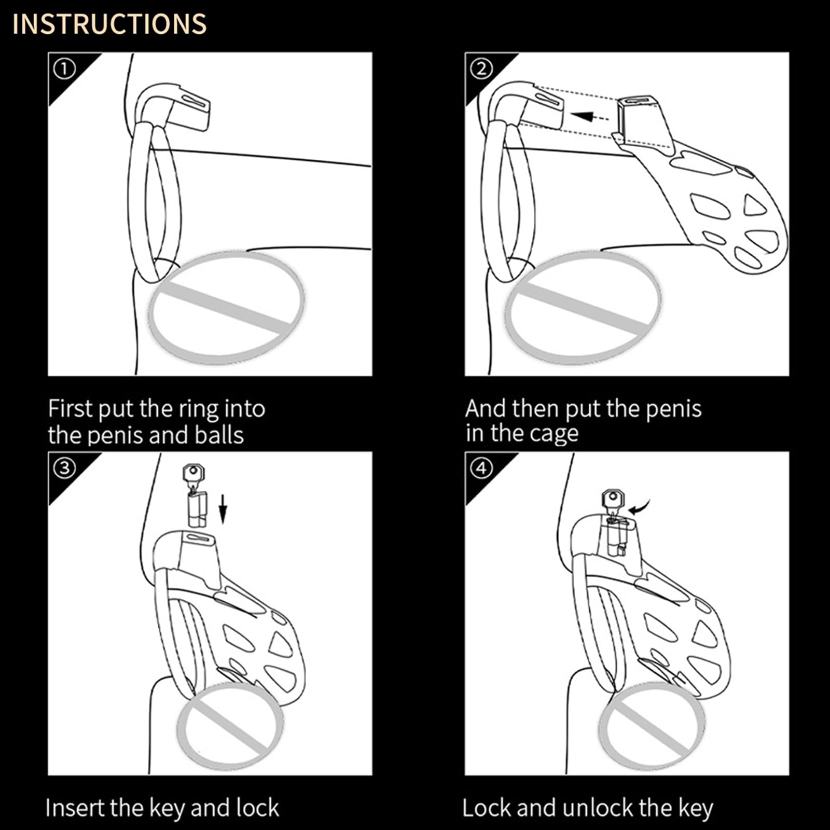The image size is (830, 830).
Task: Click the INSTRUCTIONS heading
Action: [x=109, y=24]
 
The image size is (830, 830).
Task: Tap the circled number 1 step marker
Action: [x=64, y=69]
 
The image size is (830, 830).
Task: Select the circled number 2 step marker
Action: [x=481, y=69]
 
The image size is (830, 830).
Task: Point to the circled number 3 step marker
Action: [x=64, y=468]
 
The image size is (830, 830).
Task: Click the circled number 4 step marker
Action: [x=481, y=468]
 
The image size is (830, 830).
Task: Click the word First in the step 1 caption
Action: [x=71, y=409]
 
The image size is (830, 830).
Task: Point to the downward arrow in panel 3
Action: [x=223, y=509]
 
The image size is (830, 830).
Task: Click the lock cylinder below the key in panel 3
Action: [x=197, y=509]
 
